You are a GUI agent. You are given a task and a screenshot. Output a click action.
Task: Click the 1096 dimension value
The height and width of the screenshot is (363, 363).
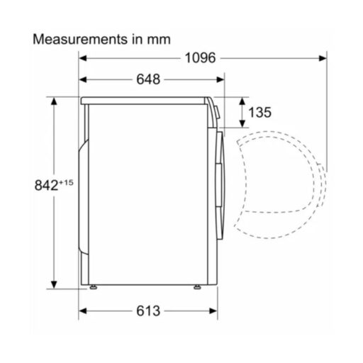coord(201,58)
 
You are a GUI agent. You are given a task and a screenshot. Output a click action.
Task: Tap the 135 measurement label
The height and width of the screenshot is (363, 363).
coord(260,112)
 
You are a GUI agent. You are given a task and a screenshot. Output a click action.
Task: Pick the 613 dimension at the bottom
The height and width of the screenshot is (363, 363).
coord(145,311)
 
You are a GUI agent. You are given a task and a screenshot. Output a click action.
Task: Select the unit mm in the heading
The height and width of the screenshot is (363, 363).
coord(158,38)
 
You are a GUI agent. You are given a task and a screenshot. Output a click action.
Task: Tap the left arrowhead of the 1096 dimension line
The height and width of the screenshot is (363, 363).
coord(82,58)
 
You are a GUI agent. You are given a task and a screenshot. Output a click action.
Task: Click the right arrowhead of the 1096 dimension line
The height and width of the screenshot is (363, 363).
coord(323,58)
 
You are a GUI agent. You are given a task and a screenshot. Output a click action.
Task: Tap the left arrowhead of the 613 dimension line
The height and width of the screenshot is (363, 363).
coord(82,311)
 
